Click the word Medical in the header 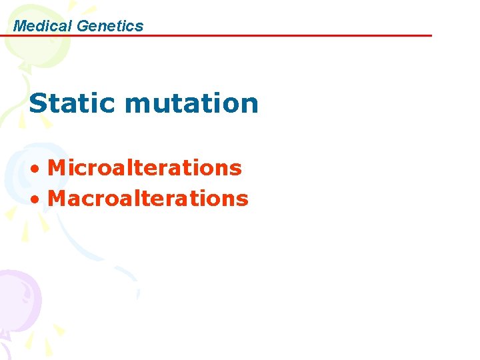tap(43, 26)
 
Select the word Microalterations tap(145, 167)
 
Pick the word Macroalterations tap(148, 198)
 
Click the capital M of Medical tap(19, 26)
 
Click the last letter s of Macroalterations tap(243, 199)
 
